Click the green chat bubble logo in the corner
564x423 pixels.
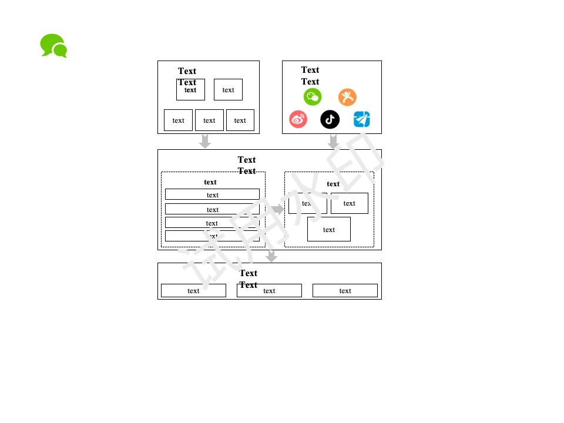pos(53,46)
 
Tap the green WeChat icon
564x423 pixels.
pos(313,97)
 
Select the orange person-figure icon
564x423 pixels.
pos(347,97)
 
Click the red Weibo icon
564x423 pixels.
pos(298,119)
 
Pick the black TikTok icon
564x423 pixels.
pos(330,119)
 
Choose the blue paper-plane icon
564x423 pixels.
pos(362,119)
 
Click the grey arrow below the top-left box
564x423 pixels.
pos(205,141)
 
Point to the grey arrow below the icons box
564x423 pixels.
pos(333,141)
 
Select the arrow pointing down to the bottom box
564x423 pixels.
pos(271,256)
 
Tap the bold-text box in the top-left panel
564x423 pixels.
pos(190,90)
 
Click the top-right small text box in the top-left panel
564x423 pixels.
pos(228,90)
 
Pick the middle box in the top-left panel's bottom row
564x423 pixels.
pos(209,120)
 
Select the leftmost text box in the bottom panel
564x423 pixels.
pos(193,291)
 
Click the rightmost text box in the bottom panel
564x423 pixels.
pos(345,291)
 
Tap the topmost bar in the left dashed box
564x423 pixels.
pos(212,194)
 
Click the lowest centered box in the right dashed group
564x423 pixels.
pos(329,229)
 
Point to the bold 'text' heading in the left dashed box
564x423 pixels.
pos(210,182)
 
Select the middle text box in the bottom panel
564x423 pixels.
pos(269,291)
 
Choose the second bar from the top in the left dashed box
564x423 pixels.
pos(212,209)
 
